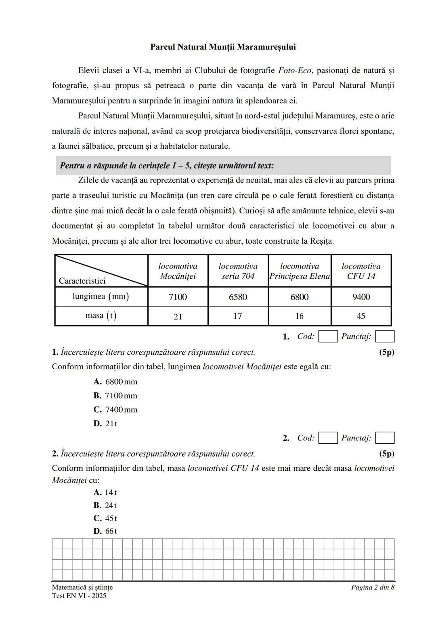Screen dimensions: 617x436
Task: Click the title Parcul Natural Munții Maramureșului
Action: point(223,47)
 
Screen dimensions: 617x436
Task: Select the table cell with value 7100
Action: point(178,297)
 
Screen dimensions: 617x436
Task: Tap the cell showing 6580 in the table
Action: point(238,297)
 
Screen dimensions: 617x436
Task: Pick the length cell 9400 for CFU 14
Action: point(361,297)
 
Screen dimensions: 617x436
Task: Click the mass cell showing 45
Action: point(361,316)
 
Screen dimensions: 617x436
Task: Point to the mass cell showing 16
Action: point(299,316)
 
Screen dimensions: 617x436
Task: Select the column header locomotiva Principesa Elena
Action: point(300,271)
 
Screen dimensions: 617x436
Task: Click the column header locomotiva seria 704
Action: point(238,271)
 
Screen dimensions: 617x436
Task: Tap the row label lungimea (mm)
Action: point(101,297)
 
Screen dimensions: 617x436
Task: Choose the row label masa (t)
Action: point(101,316)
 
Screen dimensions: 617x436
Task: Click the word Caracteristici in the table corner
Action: point(82,281)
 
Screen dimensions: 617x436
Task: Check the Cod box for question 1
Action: point(328,337)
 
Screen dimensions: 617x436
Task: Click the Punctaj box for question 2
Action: point(384,438)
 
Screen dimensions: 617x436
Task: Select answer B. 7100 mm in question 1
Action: point(115,396)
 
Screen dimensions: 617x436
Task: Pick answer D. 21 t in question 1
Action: point(106,423)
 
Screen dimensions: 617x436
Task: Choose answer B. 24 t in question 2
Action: point(105,505)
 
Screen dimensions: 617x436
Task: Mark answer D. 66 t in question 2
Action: point(105,531)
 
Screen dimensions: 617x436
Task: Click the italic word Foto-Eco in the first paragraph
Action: point(295,70)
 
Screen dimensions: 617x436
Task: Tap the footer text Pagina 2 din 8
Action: point(372,587)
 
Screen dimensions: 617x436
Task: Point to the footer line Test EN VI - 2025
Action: point(79,596)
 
